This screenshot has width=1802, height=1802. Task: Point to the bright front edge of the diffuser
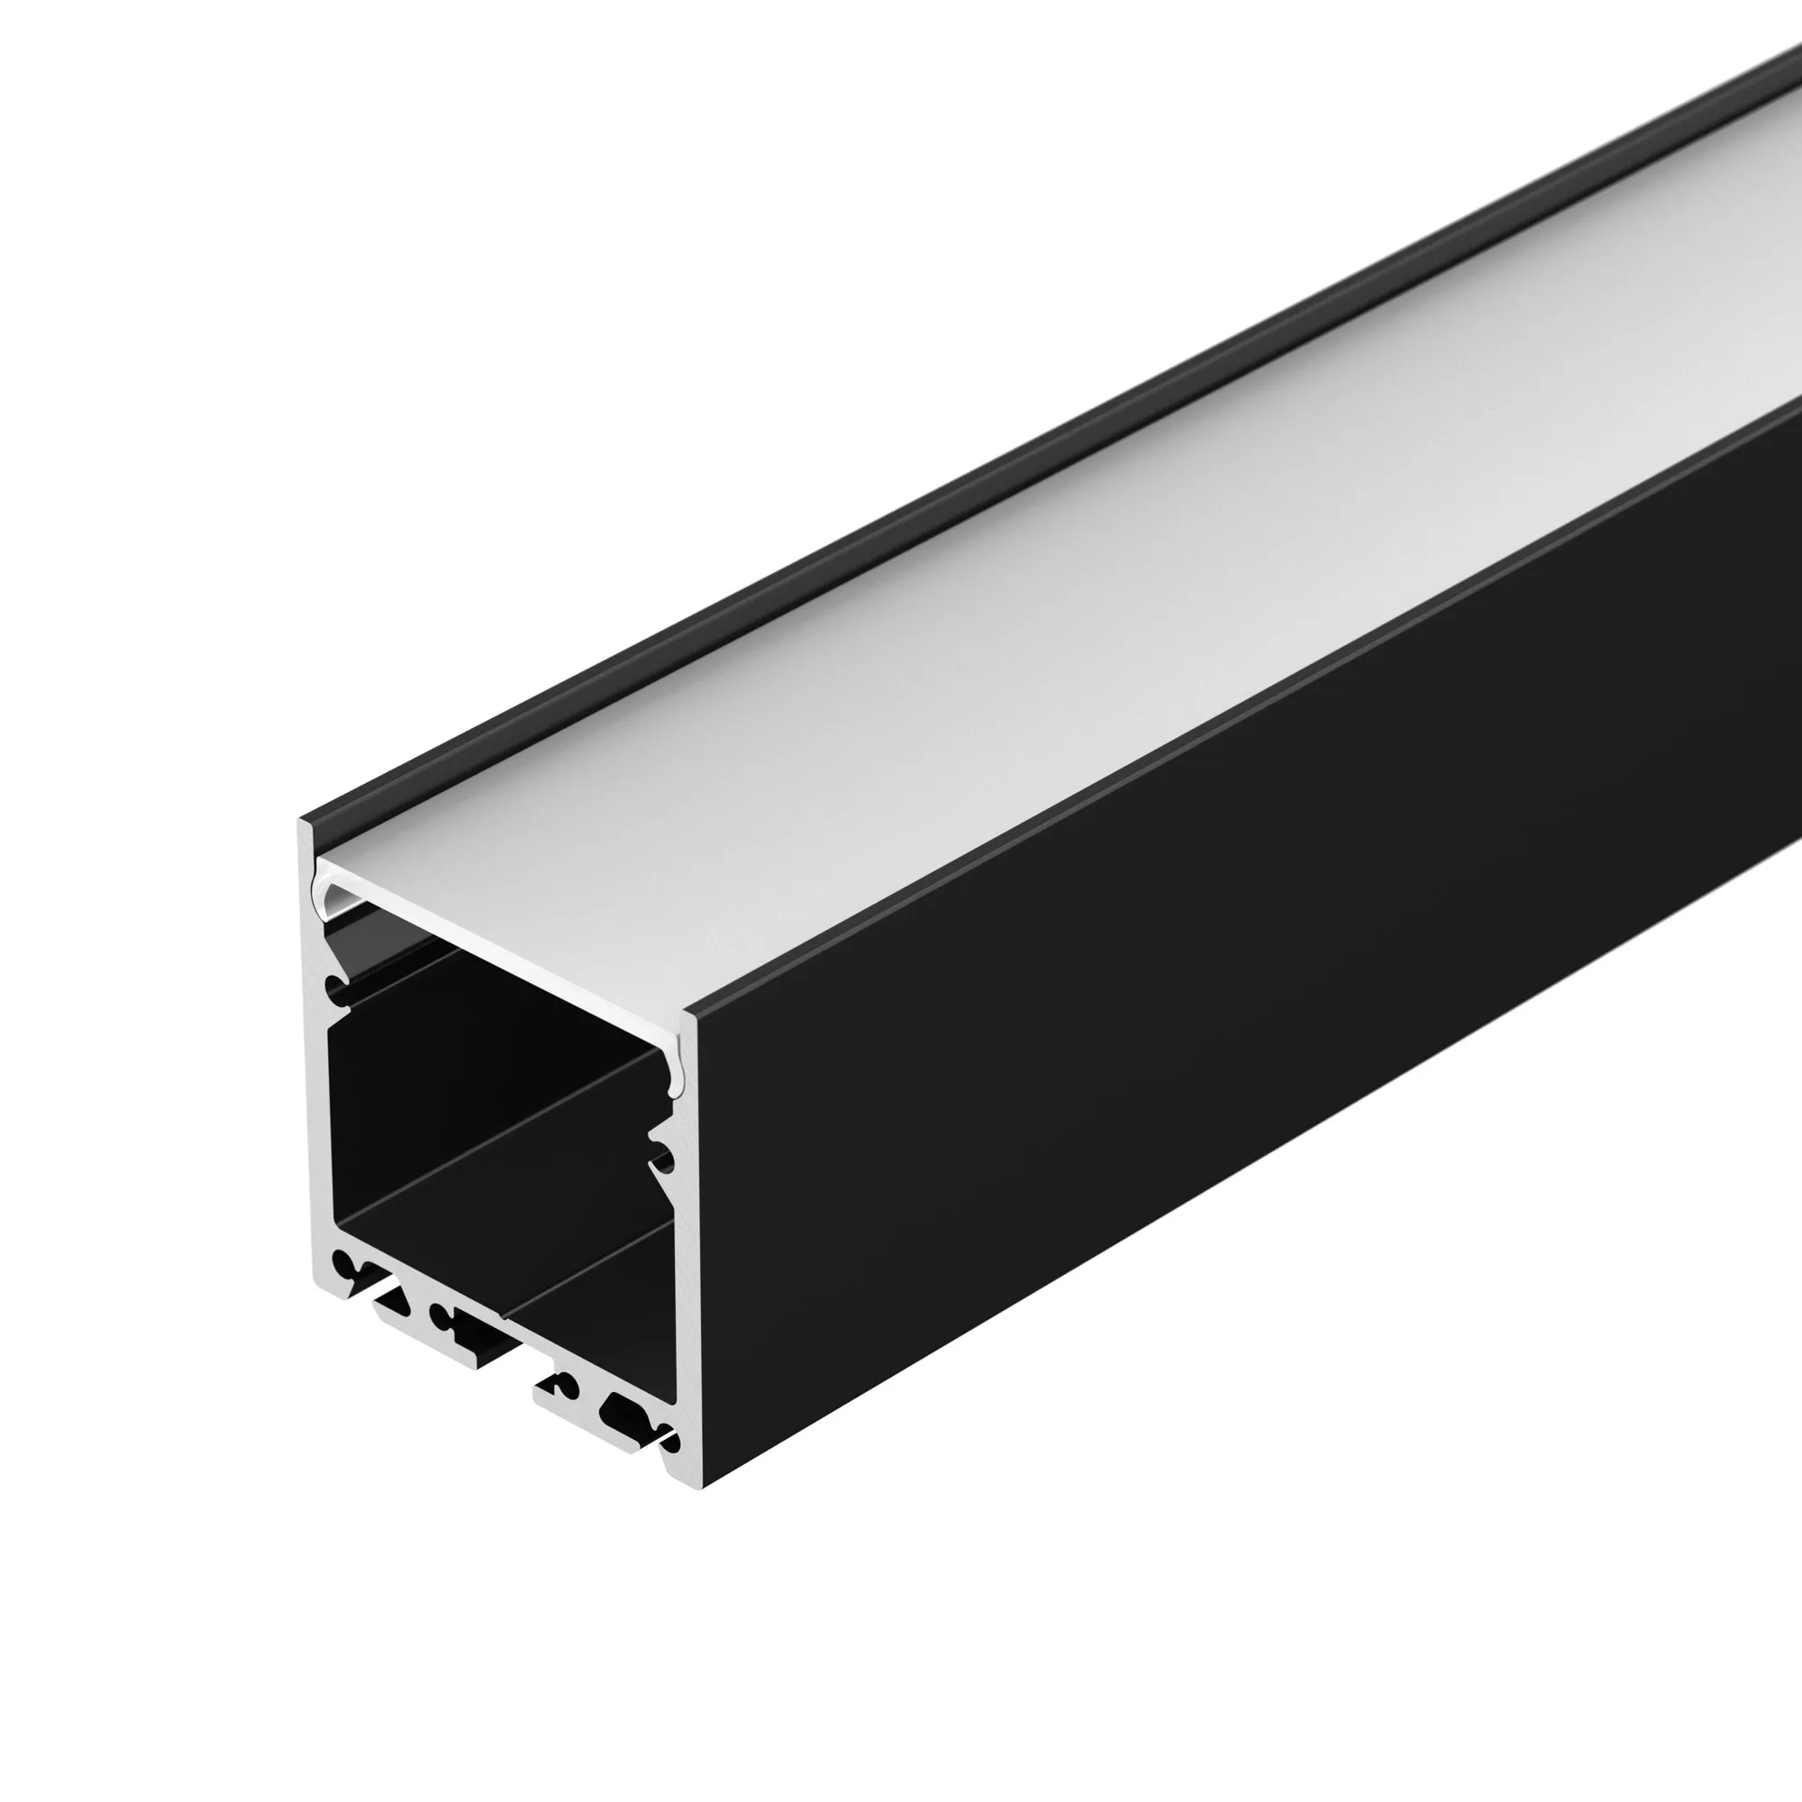pos(504,942)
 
